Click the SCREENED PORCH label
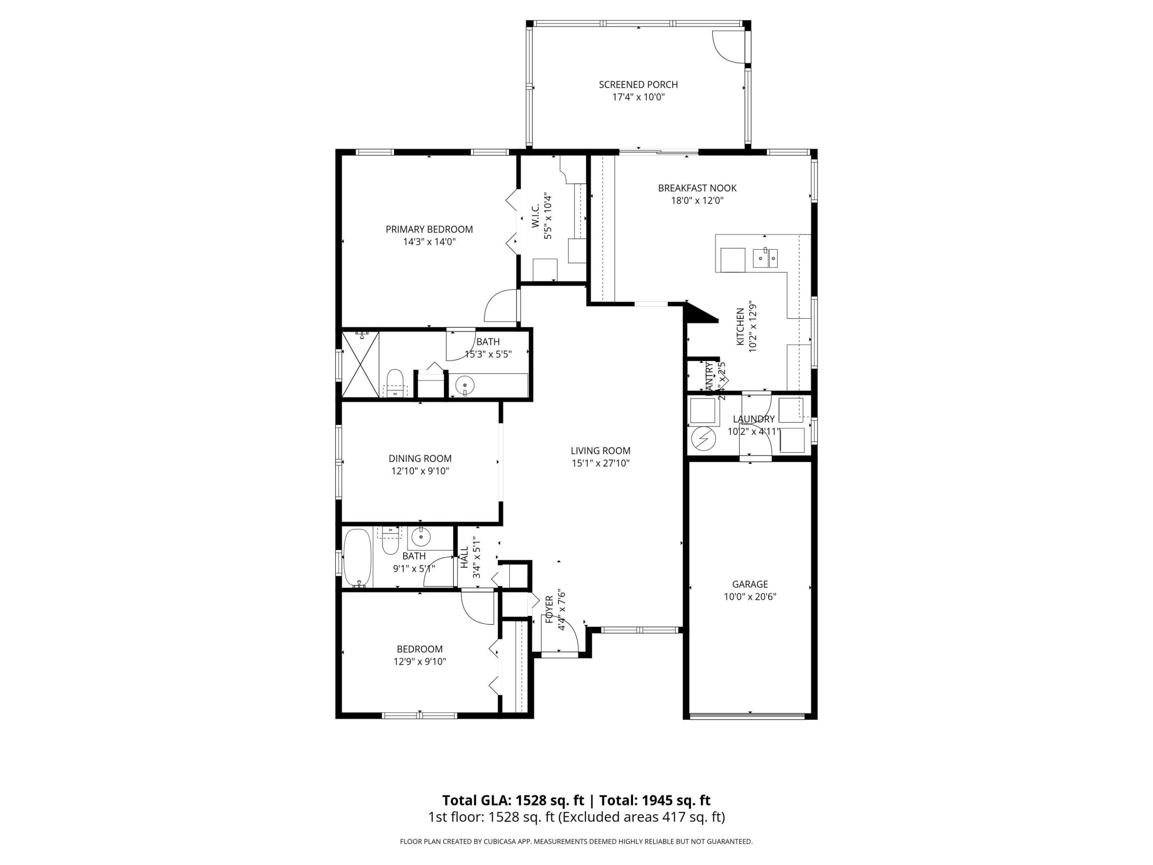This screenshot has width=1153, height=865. [x=638, y=84]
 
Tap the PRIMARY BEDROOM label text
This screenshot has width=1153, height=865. [x=429, y=229]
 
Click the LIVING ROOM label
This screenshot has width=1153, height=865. [x=600, y=451]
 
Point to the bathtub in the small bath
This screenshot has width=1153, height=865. [x=357, y=558]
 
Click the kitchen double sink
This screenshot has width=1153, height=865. [x=765, y=257]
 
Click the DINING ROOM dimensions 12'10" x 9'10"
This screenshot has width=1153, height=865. [x=420, y=471]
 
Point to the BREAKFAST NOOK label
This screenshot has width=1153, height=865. [x=697, y=188]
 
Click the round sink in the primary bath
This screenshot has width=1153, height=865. [x=464, y=386]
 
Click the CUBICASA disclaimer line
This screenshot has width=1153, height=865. [x=576, y=841]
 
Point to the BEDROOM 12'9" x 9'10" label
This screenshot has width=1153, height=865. [x=420, y=656]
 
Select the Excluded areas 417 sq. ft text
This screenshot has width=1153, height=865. [x=642, y=817]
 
